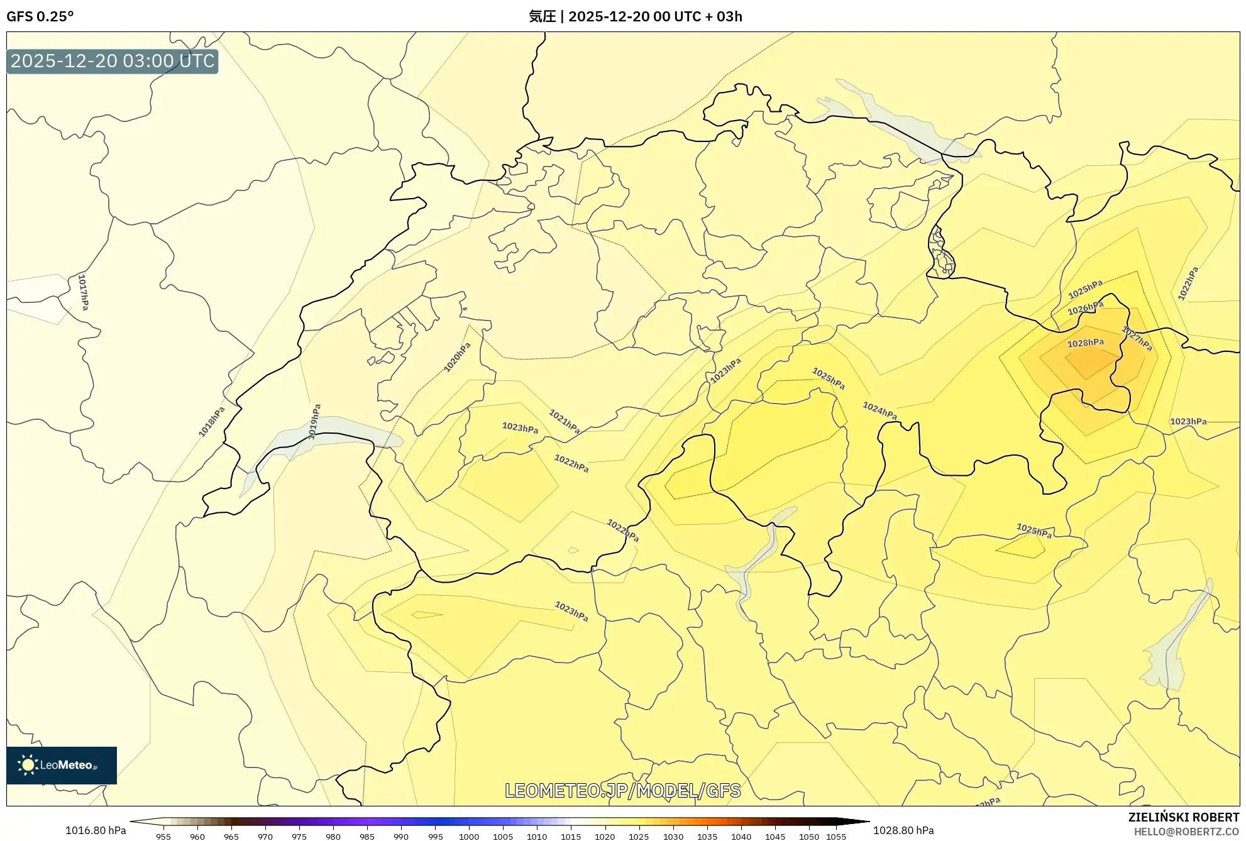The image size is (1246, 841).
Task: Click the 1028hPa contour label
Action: tap(1085, 343)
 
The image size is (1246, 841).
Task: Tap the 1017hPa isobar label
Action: tap(83, 292)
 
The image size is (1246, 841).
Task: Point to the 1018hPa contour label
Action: tap(211, 422)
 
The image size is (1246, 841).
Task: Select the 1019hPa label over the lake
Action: tap(314, 421)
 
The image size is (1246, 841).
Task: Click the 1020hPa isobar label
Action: tap(457, 357)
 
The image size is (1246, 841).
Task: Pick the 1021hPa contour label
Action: tap(564, 421)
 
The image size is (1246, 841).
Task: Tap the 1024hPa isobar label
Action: tap(879, 410)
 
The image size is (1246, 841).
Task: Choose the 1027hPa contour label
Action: tap(1137, 339)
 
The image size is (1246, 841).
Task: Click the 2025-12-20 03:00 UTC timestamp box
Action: tap(113, 61)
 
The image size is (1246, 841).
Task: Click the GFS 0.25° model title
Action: tap(40, 16)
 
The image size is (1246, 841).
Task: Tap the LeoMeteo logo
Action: tap(62, 765)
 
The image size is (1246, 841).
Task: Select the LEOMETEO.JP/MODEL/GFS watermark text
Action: tap(622, 790)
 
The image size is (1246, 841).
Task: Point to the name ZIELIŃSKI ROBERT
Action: tap(1183, 817)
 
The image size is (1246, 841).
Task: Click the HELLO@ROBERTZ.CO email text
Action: tap(1186, 832)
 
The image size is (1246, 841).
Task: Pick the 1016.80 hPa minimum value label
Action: tap(96, 830)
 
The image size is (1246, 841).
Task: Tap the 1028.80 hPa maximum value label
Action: tap(903, 830)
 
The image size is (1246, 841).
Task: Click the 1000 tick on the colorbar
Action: tap(468, 837)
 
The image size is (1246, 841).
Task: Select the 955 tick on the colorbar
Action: tap(163, 837)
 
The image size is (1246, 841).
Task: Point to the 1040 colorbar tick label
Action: tap(741, 837)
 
